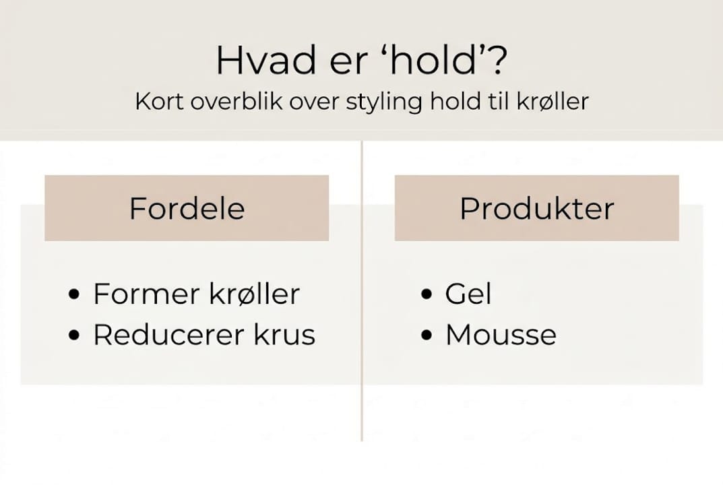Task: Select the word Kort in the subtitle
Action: point(158,102)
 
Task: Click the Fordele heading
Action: point(187,209)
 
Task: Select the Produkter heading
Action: point(536,209)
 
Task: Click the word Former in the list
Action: point(145,294)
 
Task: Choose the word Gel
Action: point(468,295)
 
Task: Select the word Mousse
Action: point(501,335)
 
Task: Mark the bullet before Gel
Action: point(425,295)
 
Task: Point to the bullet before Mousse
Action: point(425,335)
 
